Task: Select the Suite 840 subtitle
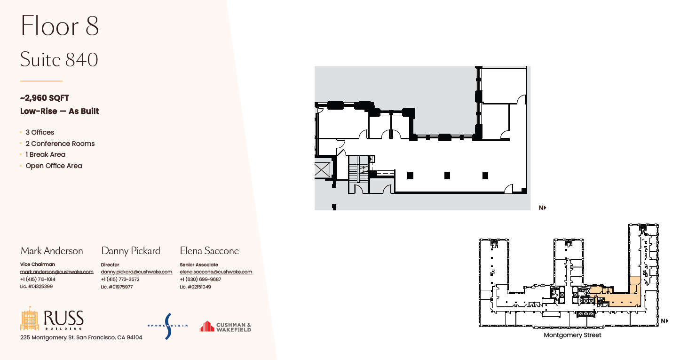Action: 59,60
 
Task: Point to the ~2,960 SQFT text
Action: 45,98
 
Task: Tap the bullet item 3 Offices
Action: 40,132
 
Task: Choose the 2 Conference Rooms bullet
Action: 60,144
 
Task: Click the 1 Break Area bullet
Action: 46,154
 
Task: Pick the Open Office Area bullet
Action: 54,166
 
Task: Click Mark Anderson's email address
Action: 57,272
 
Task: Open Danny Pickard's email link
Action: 136,272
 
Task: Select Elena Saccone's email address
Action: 216,272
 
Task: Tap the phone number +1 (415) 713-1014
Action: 38,279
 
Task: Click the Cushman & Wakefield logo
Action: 225,327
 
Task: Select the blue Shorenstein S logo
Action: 168,326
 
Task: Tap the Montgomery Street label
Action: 572,336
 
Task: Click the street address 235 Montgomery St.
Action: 81,337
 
